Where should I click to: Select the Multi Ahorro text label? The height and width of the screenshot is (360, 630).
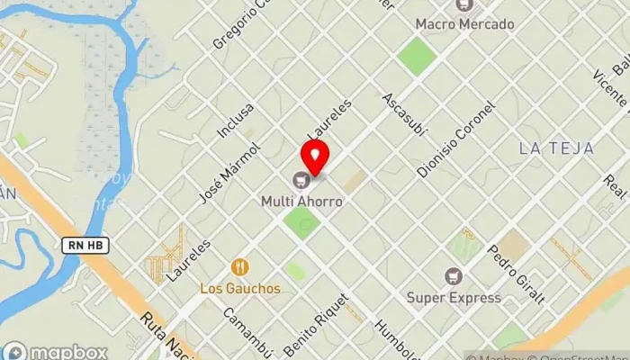[x=302, y=202]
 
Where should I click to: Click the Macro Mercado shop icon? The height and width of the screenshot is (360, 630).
[x=464, y=5]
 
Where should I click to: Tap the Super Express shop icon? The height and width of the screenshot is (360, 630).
[x=453, y=276]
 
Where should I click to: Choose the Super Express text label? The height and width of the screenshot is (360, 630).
[x=453, y=297]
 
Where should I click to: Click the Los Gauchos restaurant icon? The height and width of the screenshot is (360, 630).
[x=239, y=267]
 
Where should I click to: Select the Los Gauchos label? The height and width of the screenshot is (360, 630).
[x=239, y=289]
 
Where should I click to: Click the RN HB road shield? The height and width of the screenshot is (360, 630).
[x=80, y=244]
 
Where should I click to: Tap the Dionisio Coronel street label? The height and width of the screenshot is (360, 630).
[x=456, y=140]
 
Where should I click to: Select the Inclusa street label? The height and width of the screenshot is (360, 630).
[x=236, y=120]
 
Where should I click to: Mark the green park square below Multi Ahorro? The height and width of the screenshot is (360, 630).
[x=302, y=222]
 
